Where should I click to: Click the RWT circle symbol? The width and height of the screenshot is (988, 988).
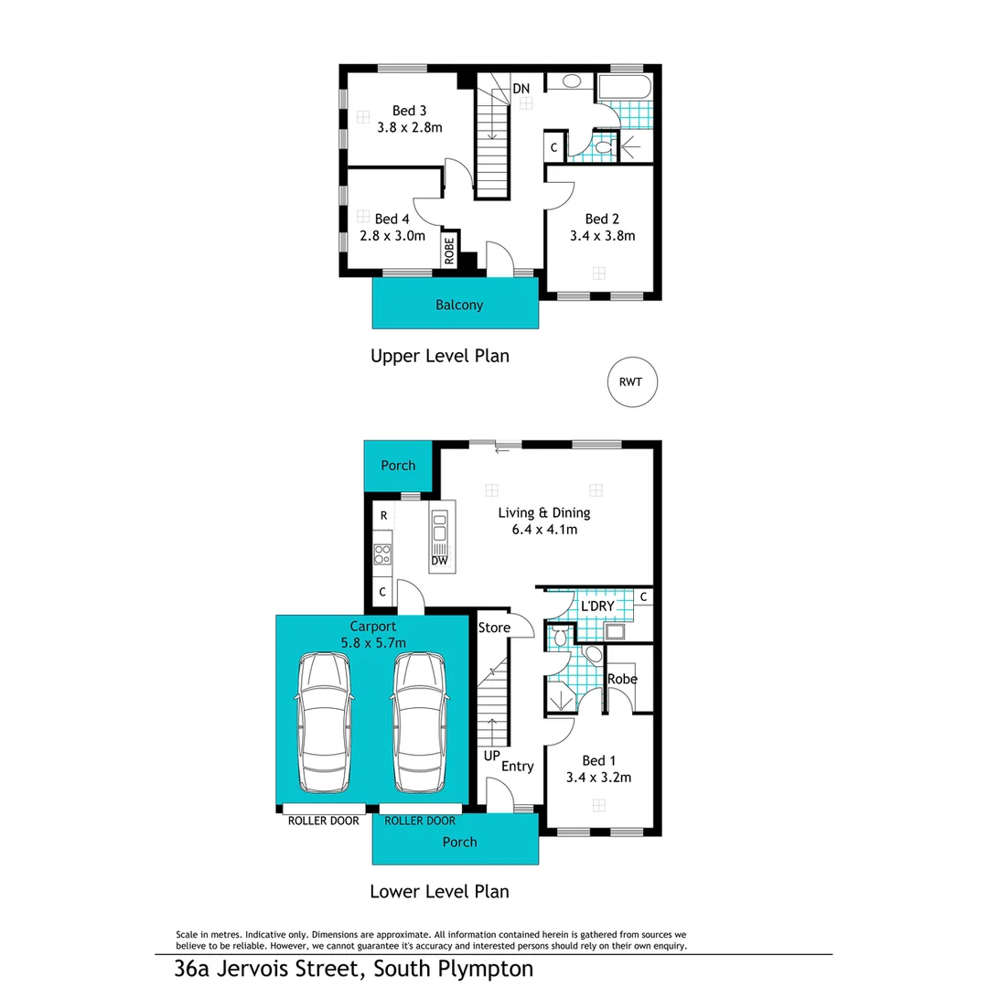pos(632,381)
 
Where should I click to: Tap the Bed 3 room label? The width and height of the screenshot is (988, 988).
pos(409,111)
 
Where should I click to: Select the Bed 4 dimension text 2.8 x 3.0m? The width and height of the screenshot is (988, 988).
pos(392,235)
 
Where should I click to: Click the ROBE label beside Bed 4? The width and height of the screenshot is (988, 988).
pos(449,251)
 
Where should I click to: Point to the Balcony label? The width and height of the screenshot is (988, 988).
pos(458,306)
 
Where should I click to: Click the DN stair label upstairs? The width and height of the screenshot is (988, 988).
pos(521,89)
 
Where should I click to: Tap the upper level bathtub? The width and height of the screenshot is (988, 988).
pos(624,88)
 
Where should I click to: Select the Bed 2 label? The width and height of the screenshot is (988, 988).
pos(603,219)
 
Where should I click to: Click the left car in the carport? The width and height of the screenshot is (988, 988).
pos(324,724)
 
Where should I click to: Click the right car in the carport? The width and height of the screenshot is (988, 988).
pos(420,724)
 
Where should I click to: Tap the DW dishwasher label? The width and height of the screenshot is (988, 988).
pos(440,562)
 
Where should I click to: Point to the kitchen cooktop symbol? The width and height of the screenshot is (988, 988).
pos(382,553)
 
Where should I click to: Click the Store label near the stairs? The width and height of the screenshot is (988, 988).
pos(494,628)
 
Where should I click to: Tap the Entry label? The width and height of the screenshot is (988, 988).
pos(517,766)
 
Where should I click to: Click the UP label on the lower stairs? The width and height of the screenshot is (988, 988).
pos(491,758)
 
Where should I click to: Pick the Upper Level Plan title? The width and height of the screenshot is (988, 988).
pos(439,356)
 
